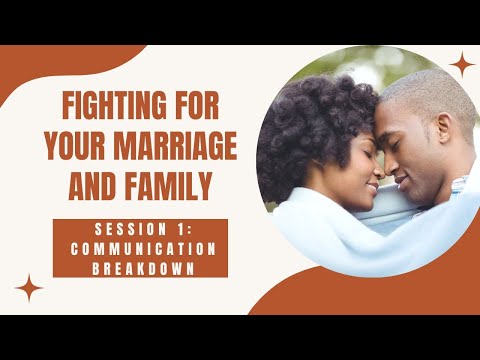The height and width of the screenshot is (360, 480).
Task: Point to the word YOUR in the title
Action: [80, 145]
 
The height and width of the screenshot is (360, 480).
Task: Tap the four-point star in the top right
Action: [462, 66]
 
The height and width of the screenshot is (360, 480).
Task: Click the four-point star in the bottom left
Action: [30, 288]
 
